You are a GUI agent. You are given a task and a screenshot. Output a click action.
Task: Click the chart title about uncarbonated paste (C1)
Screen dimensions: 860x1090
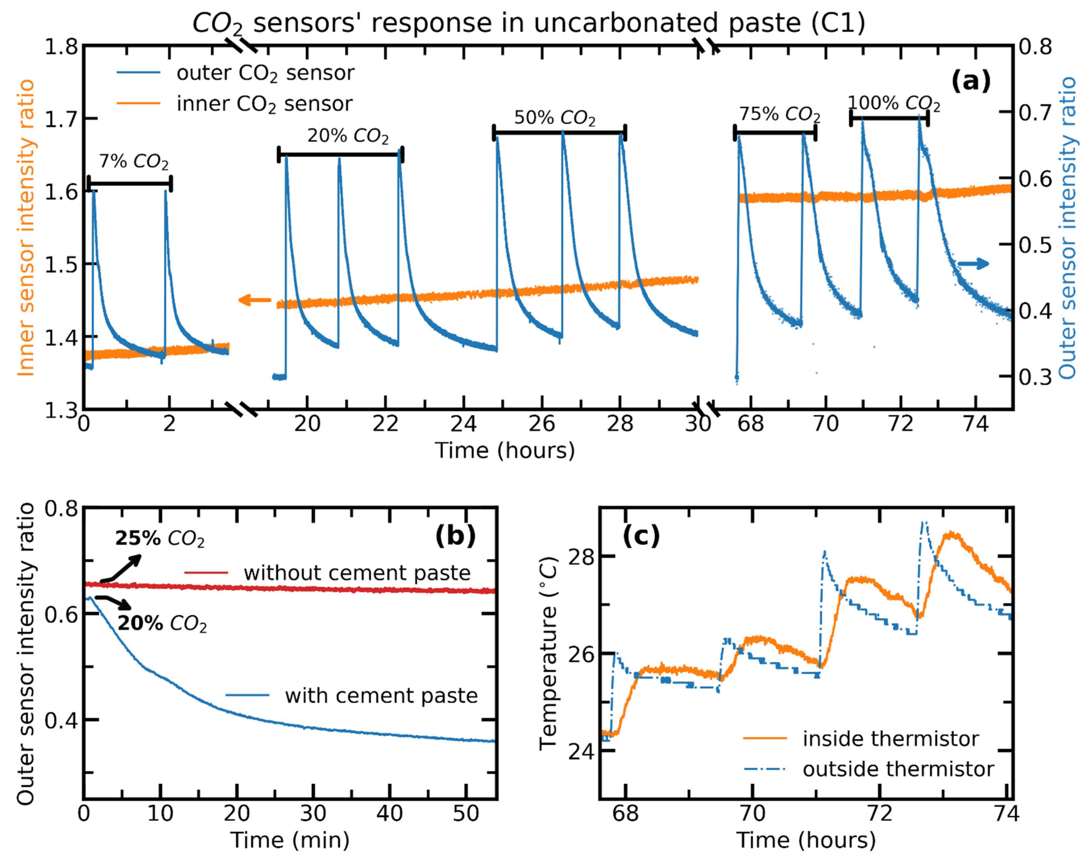[x=529, y=23]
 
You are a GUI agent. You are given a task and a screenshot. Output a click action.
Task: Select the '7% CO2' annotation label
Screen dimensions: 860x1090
[x=134, y=162]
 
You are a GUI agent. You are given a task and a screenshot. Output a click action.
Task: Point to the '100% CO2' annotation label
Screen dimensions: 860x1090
[x=893, y=103]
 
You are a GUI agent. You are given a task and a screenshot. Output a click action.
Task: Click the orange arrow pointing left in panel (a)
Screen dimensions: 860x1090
[x=255, y=301]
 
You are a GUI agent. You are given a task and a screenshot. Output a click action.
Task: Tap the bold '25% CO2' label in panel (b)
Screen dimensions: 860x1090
[x=160, y=539]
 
